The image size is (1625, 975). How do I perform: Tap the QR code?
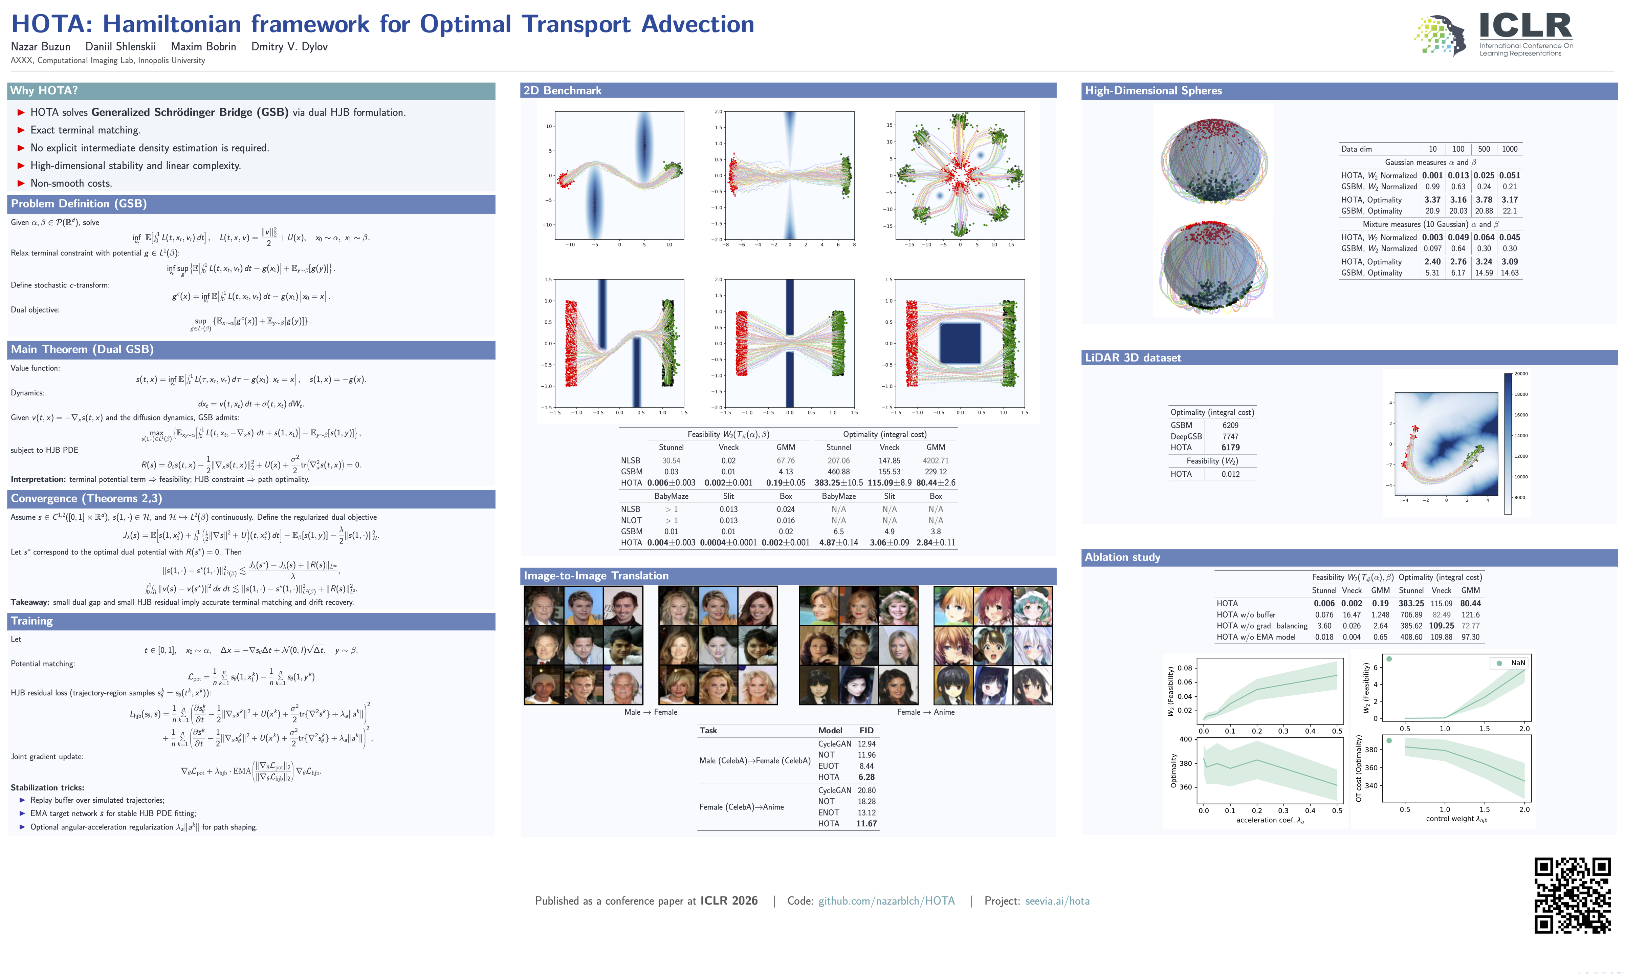click(x=1572, y=895)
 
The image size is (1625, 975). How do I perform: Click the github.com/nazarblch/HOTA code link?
click(x=886, y=901)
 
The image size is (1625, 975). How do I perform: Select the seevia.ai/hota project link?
click(x=1057, y=901)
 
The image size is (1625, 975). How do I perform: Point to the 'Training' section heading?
click(x=31, y=621)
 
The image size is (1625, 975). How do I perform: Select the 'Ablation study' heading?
click(x=1122, y=557)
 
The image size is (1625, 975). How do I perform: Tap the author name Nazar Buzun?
click(x=41, y=47)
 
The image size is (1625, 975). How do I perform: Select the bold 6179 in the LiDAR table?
click(x=1230, y=448)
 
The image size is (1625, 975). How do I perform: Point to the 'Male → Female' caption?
click(x=650, y=712)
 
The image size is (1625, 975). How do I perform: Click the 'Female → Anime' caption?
click(x=925, y=712)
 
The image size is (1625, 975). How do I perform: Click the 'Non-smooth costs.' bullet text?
click(x=71, y=183)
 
